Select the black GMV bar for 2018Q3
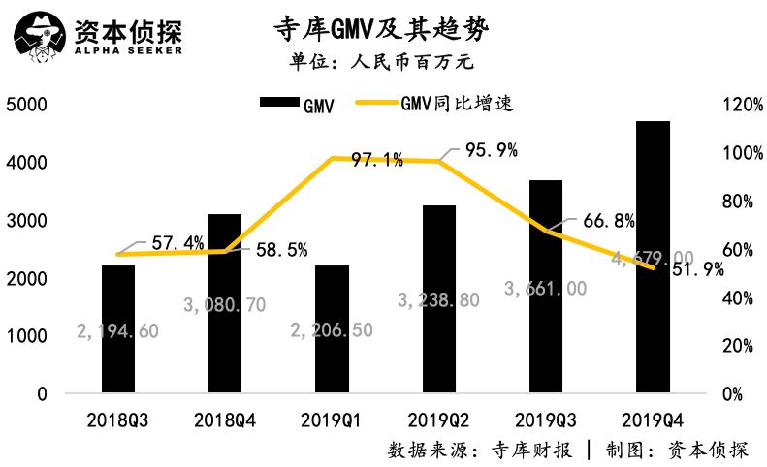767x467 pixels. coord(118,329)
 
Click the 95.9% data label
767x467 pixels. coord(491,150)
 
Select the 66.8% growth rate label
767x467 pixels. coord(608,222)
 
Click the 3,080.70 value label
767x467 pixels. coord(224,305)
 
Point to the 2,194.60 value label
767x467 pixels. coord(117,331)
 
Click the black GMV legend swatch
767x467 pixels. coord(278,104)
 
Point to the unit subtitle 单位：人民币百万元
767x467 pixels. coord(381,63)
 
